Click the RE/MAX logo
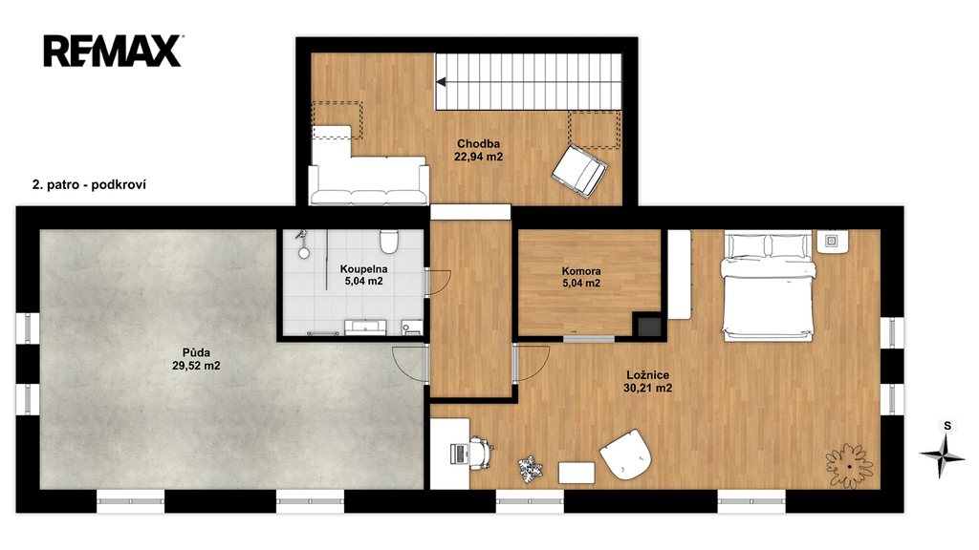tap(113, 52)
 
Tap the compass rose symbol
tap(942, 456)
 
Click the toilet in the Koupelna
tap(389, 242)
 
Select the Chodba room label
tap(478, 143)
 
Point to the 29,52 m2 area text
tap(196, 366)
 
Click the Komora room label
tap(581, 270)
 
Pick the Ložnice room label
tap(648, 374)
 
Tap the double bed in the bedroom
tap(769, 286)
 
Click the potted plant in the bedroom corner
tap(849, 466)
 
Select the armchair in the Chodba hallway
tap(580, 171)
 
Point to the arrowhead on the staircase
tap(441, 82)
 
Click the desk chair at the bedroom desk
tap(480, 452)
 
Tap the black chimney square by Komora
tap(648, 325)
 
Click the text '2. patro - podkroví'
tap(89, 184)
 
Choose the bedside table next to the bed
tap(833, 242)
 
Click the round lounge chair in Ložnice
tap(625, 454)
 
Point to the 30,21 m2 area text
tap(648, 388)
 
